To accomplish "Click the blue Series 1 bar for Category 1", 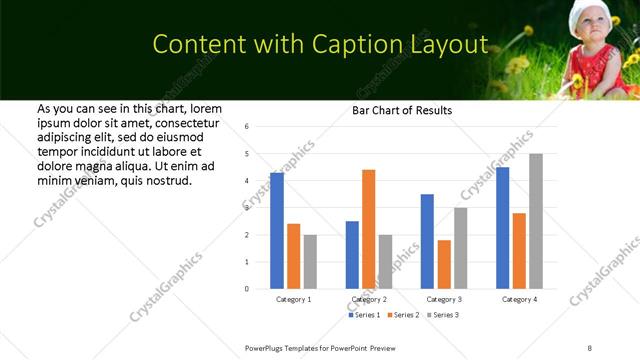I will click(x=277, y=231).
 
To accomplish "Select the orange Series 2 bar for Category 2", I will click(x=368, y=229).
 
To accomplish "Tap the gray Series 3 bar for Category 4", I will click(x=536, y=221).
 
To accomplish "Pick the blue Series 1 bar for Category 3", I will click(x=427, y=241).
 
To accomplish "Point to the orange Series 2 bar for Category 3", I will click(x=444, y=264).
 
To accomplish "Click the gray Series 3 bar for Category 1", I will click(x=310, y=261).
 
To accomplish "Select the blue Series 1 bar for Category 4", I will click(x=503, y=228).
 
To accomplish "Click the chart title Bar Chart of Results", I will click(x=402, y=110).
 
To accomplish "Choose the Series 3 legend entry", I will click(x=443, y=315).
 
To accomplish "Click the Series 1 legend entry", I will click(x=365, y=315).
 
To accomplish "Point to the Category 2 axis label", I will click(x=369, y=299).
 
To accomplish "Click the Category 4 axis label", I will click(x=519, y=299).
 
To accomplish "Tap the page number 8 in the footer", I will click(x=589, y=347).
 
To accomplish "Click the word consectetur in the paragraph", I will click(x=181, y=121).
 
